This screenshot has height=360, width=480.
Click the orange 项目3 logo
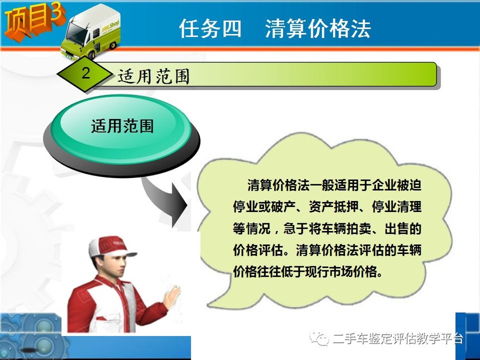tap(33, 21)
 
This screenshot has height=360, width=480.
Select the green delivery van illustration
tap(91, 32)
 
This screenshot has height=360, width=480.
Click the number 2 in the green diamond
tap(86, 73)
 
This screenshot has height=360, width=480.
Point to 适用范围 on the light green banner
tap(153, 76)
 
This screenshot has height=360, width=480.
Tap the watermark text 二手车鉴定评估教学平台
tap(398, 339)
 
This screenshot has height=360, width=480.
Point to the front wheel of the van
tap(92, 55)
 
